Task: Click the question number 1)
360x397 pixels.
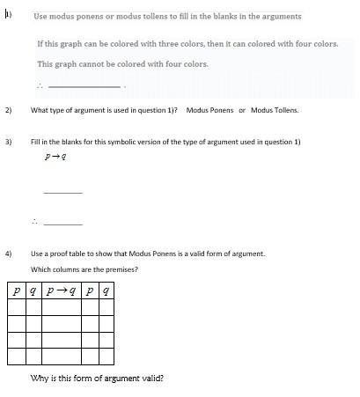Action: click(x=8, y=14)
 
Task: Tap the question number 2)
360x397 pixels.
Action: click(x=9, y=110)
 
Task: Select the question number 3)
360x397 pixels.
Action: click(x=9, y=141)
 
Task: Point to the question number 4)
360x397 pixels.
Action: click(x=9, y=254)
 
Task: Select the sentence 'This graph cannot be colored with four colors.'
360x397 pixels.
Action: click(x=122, y=64)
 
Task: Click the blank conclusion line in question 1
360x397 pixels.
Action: click(x=84, y=86)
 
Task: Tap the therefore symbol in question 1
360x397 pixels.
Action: click(x=40, y=85)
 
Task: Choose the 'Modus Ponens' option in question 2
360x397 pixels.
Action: click(x=209, y=110)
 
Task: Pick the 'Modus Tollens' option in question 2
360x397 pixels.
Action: click(x=275, y=110)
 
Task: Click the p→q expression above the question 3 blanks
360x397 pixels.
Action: click(x=56, y=157)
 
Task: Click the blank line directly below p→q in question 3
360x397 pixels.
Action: click(x=62, y=192)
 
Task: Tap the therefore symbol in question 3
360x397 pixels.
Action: click(x=35, y=222)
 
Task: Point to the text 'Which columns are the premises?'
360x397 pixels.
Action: click(x=84, y=269)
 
